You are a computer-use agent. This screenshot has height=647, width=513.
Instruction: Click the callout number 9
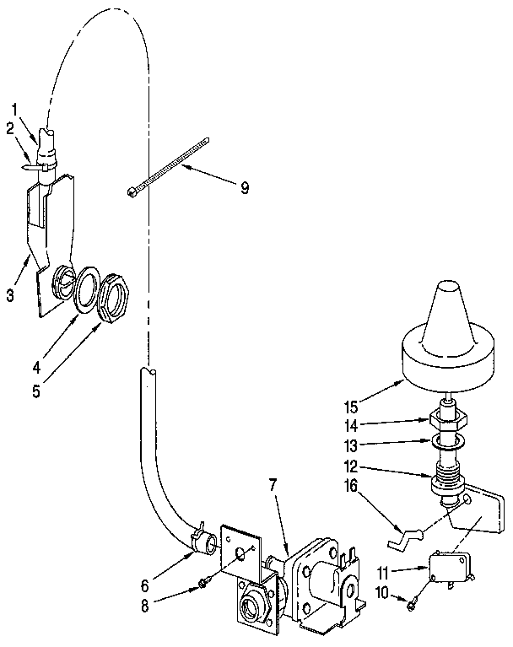pyautogui.click(x=244, y=187)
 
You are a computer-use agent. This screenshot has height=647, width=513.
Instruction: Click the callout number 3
pyautogui.click(x=11, y=294)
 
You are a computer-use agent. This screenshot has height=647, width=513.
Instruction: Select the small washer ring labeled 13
pyautogui.click(x=447, y=441)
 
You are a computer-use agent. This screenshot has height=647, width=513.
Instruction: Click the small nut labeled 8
pyautogui.click(x=204, y=583)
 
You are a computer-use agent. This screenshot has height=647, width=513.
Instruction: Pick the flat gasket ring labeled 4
pyautogui.click(x=85, y=289)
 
